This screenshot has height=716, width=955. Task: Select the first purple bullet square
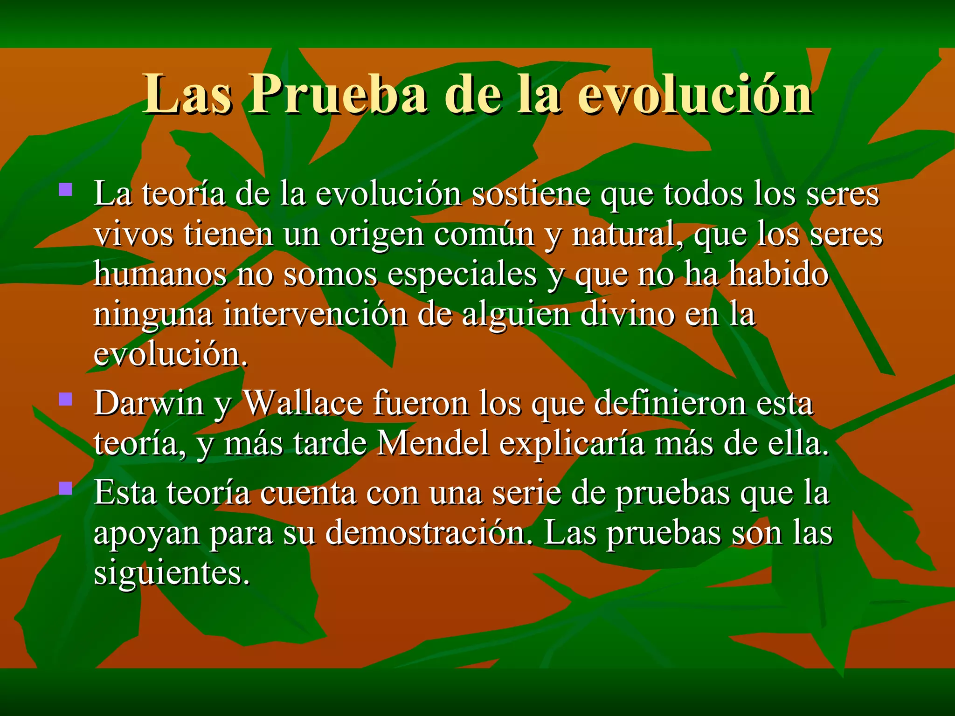(x=66, y=189)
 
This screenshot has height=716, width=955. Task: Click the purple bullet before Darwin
(x=66, y=399)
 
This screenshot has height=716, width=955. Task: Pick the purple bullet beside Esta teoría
(x=66, y=488)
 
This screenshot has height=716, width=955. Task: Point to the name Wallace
(x=303, y=403)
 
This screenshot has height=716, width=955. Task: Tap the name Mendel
(x=433, y=443)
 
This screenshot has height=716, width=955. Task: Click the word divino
(x=627, y=314)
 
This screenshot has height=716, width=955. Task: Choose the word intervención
(x=315, y=314)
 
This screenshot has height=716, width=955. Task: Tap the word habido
(x=779, y=274)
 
